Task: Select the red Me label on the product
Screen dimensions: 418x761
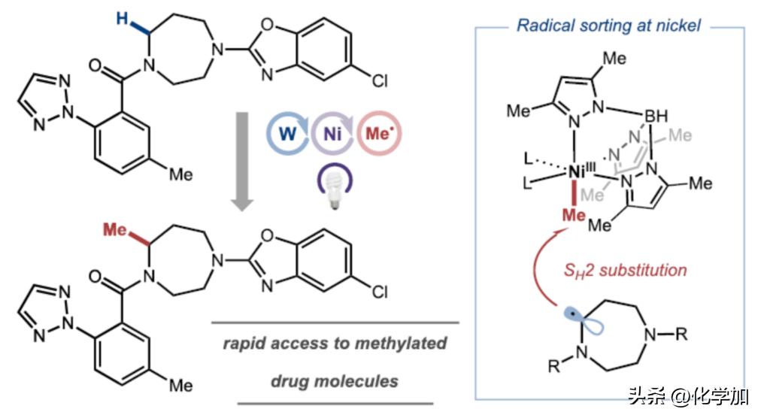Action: (x=115, y=229)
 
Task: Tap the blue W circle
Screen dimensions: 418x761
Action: (x=287, y=138)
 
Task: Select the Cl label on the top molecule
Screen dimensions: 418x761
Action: (x=380, y=80)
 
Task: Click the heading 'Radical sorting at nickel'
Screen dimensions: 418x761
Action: (x=608, y=26)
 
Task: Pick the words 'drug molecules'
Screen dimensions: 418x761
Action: (x=335, y=380)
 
